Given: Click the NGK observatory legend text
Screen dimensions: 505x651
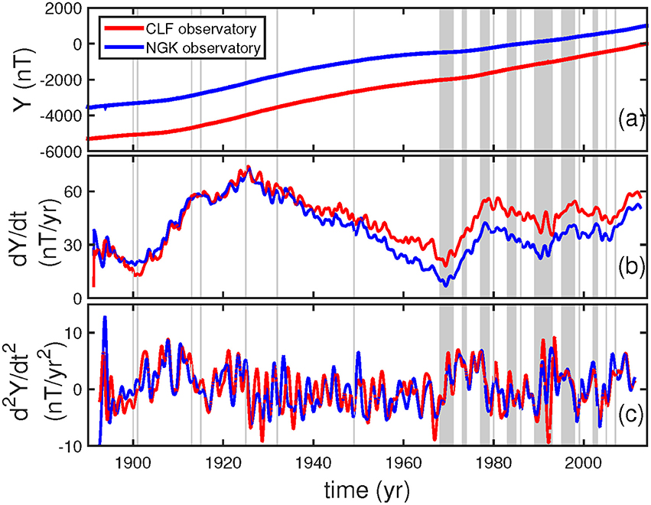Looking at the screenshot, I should [x=203, y=48].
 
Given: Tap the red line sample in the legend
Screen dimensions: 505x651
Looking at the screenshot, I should [x=121, y=30].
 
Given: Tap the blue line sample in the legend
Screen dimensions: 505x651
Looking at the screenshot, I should [x=121, y=48].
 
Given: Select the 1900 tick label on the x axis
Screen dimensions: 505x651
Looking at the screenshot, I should [x=133, y=462].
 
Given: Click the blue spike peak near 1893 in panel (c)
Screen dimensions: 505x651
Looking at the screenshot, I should [x=104, y=317].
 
